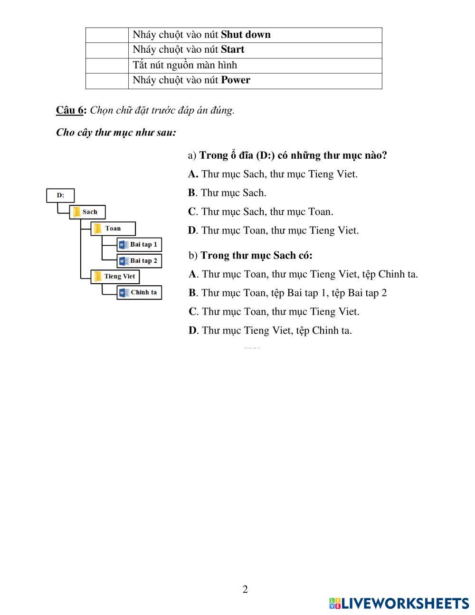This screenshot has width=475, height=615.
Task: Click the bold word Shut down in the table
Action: (x=246, y=35)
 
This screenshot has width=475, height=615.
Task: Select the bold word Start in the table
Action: (x=232, y=49)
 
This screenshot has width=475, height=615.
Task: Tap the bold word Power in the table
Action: (x=235, y=80)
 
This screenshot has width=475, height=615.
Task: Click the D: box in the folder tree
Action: (x=60, y=195)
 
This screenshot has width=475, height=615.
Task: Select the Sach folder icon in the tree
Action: (x=76, y=212)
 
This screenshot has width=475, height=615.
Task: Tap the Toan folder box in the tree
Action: (x=113, y=229)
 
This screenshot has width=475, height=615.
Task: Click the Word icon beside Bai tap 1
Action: (x=123, y=245)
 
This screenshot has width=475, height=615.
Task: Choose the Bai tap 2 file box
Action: (x=139, y=261)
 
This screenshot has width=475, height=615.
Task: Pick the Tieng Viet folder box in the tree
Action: (x=115, y=277)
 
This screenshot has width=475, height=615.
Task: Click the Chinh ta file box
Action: (x=139, y=293)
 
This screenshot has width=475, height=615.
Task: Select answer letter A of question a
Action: (x=192, y=174)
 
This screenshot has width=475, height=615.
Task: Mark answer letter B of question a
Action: (x=191, y=193)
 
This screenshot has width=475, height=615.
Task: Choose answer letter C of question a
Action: (x=192, y=211)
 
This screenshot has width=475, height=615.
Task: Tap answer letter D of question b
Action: (x=192, y=330)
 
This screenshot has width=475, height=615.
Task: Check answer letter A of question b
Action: (x=192, y=274)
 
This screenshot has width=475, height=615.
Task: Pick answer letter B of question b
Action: (x=192, y=293)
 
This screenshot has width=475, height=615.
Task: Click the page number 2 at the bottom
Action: (x=245, y=590)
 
